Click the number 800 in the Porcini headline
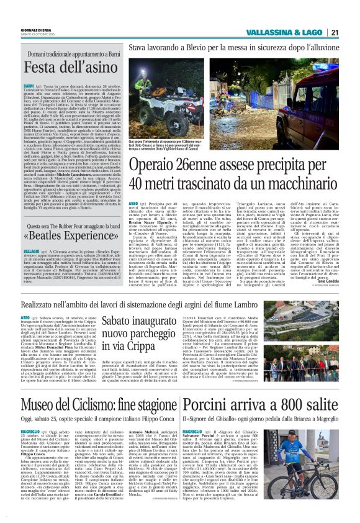(x=290, y=386)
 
